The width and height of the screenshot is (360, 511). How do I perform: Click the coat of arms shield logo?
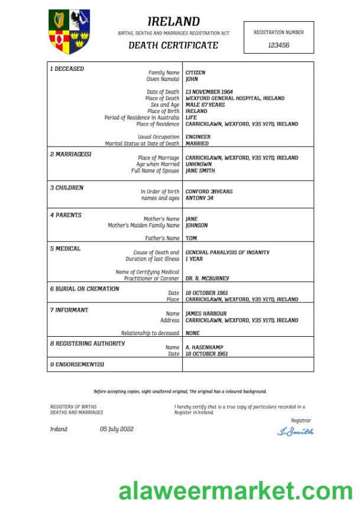click(69, 31)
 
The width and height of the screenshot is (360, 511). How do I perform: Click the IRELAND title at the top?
click(173, 22)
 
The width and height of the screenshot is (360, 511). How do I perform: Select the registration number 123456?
click(278, 45)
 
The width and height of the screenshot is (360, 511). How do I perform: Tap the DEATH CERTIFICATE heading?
click(173, 45)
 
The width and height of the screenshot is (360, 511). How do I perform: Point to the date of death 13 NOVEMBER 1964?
click(209, 92)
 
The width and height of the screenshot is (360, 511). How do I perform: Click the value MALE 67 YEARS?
click(205, 105)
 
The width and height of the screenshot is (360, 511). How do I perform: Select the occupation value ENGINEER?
click(198, 137)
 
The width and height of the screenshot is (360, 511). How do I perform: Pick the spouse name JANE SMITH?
click(200, 171)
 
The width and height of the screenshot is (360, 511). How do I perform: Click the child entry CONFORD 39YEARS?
click(209, 191)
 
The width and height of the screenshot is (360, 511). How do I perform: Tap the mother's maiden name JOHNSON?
click(197, 225)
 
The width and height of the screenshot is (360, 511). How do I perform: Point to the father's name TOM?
click(191, 238)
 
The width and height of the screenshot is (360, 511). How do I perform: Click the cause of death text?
click(228, 252)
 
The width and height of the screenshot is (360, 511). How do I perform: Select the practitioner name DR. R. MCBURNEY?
click(207, 278)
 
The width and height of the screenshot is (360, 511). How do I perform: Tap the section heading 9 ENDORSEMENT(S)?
click(77, 364)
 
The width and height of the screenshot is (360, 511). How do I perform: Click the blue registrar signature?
click(296, 432)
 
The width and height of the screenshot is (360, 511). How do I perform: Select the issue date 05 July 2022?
click(116, 429)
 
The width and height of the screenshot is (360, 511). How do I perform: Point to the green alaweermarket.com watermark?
click(235, 491)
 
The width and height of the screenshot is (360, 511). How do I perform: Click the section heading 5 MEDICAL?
click(65, 249)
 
